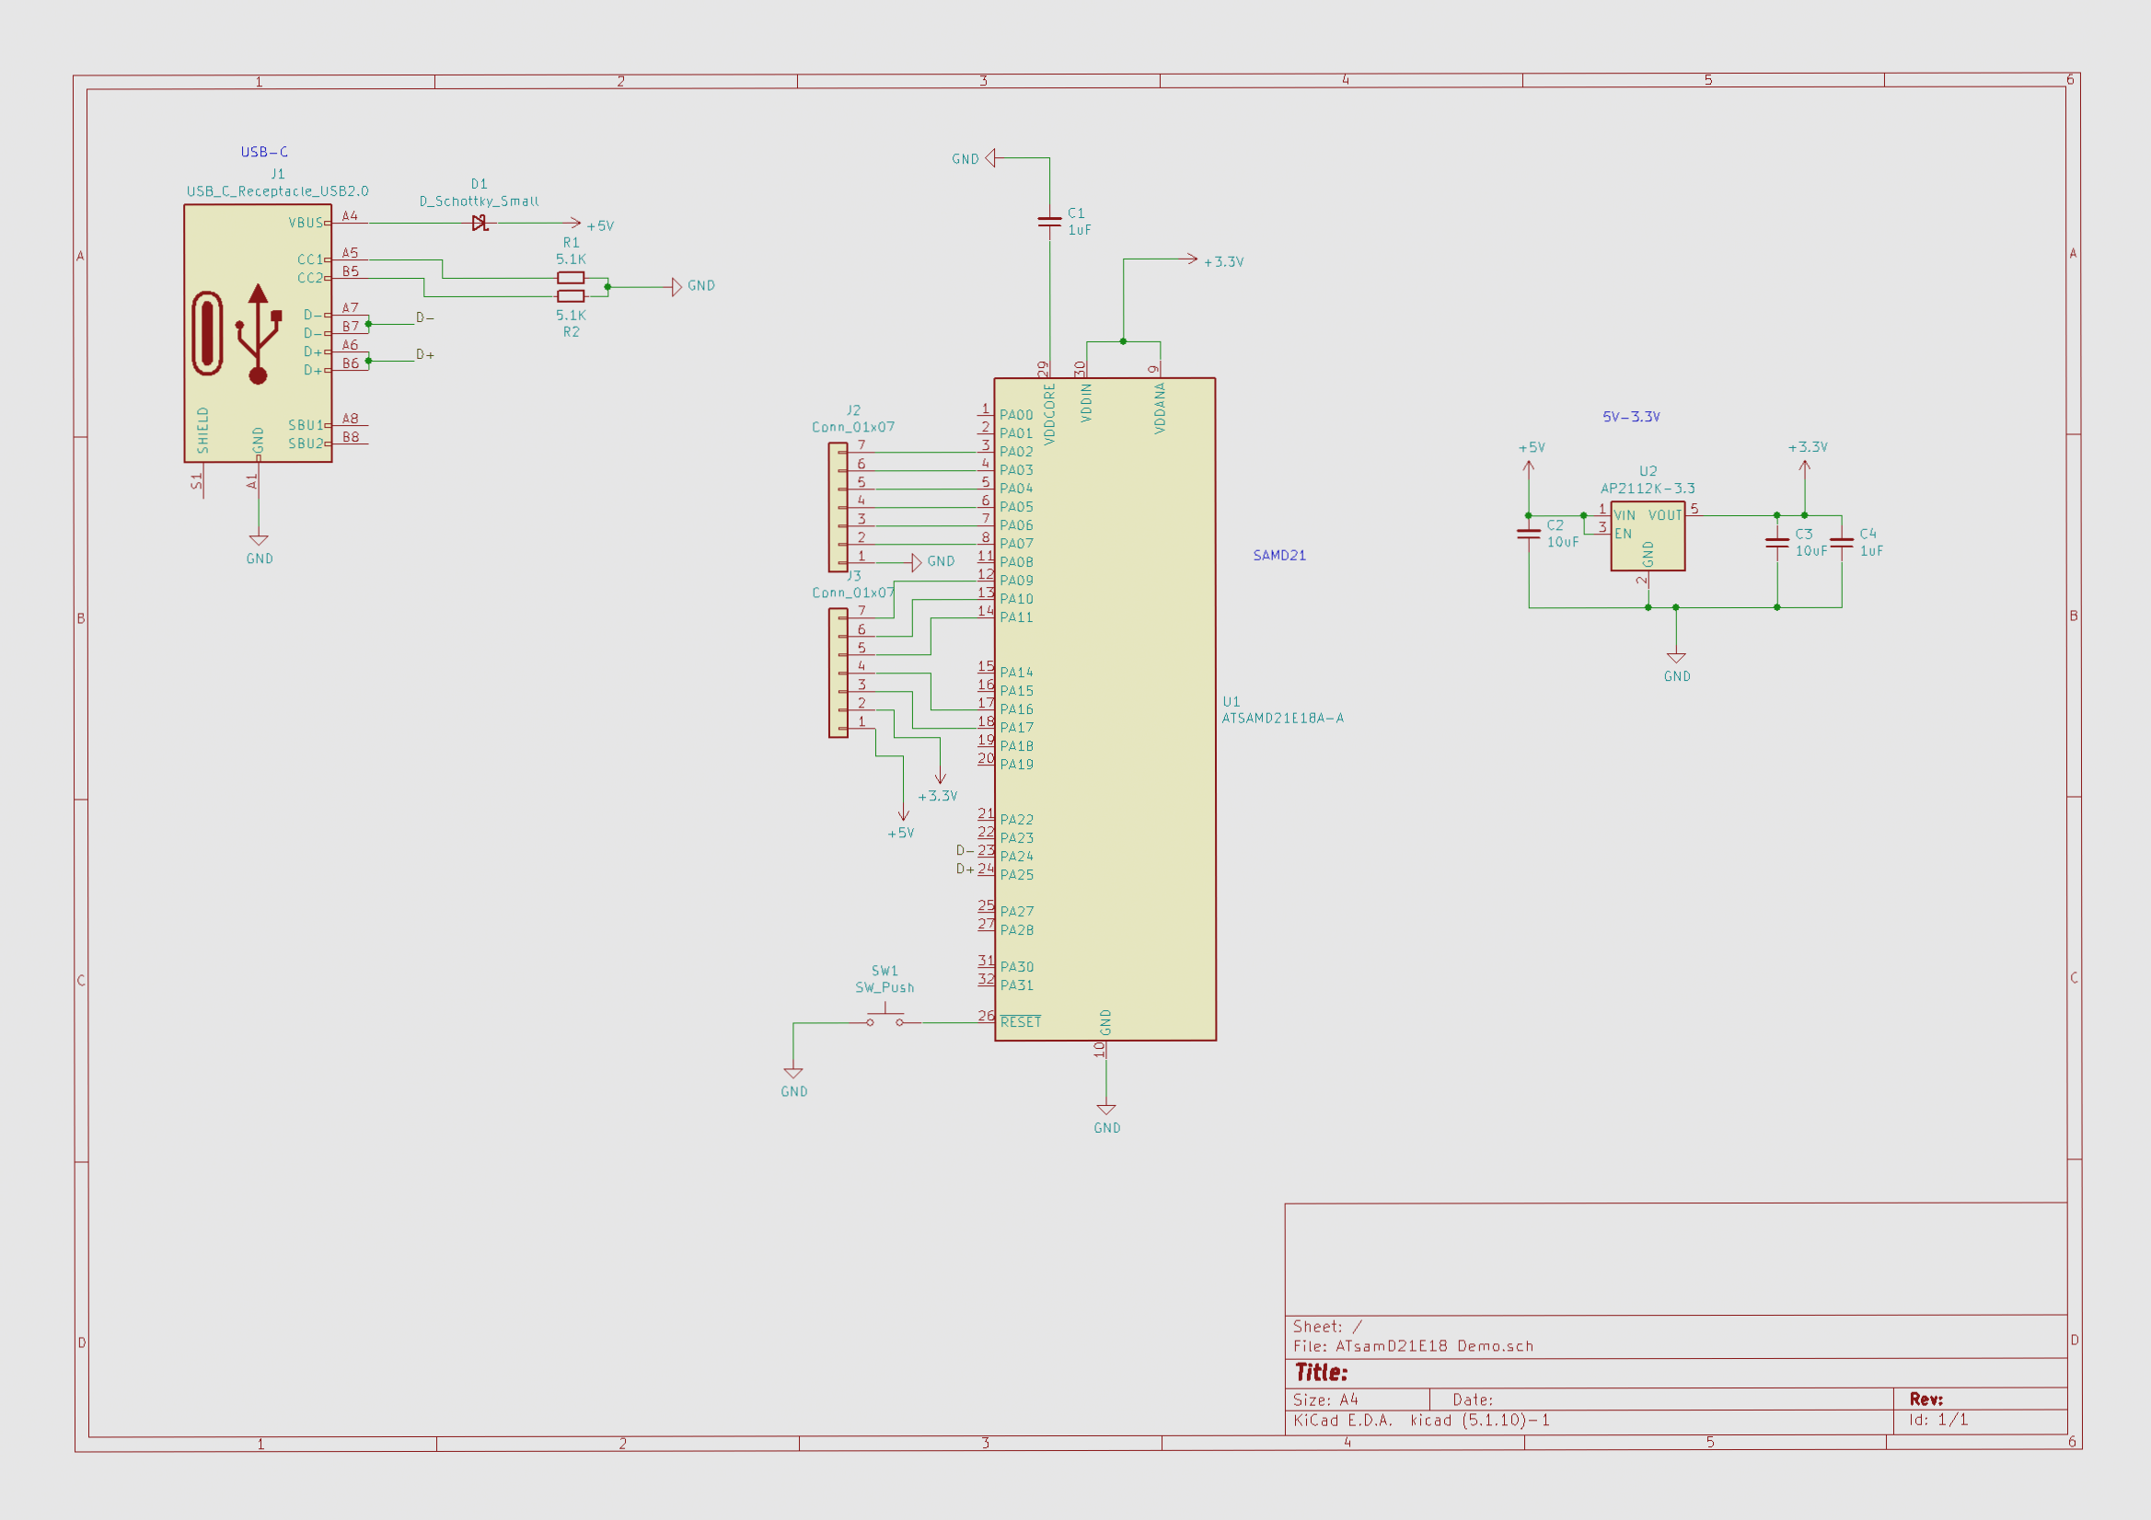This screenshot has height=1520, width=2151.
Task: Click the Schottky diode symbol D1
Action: click(x=480, y=223)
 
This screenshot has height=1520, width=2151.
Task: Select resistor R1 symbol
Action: click(x=571, y=278)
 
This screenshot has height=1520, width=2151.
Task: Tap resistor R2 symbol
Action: click(x=571, y=296)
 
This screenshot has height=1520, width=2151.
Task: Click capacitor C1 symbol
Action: click(x=1049, y=222)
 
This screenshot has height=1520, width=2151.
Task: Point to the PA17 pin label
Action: click(x=1016, y=728)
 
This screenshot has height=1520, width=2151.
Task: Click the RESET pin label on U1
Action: click(x=1020, y=1021)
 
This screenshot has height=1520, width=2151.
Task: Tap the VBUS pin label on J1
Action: click(x=306, y=223)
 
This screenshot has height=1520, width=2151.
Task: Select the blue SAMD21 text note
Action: click(x=1278, y=556)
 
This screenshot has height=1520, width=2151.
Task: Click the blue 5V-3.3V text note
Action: click(x=1630, y=417)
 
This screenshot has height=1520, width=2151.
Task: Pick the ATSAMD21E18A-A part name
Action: click(x=1281, y=719)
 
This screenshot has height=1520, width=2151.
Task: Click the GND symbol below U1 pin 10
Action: click(x=1106, y=1112)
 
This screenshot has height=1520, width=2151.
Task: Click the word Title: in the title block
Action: click(x=1321, y=1373)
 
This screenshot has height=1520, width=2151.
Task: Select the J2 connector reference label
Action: click(x=852, y=410)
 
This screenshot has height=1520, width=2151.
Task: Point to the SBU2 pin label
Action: click(x=306, y=443)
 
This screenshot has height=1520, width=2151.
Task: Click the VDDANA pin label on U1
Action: click(x=1160, y=409)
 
